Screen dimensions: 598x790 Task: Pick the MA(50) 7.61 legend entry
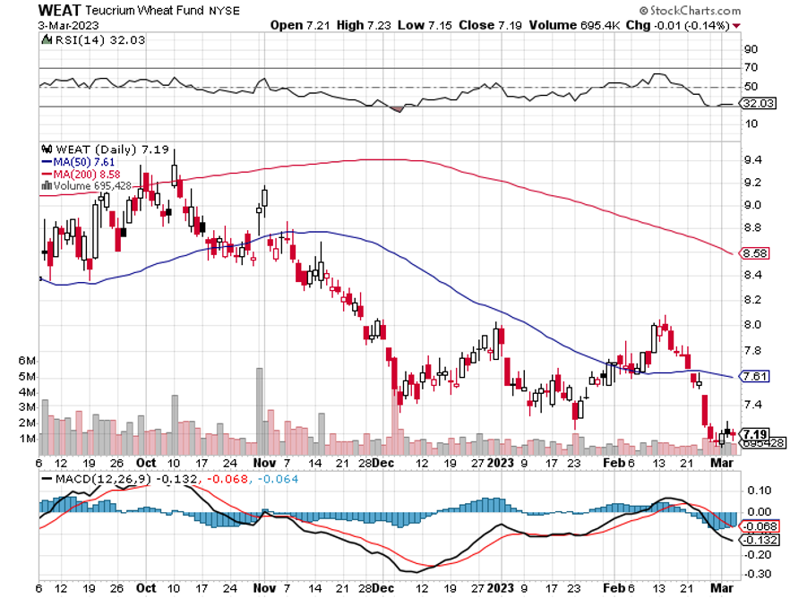tap(81, 162)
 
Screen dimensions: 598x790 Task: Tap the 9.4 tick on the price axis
tap(752, 160)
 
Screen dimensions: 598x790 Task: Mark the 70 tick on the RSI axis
tap(750, 67)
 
